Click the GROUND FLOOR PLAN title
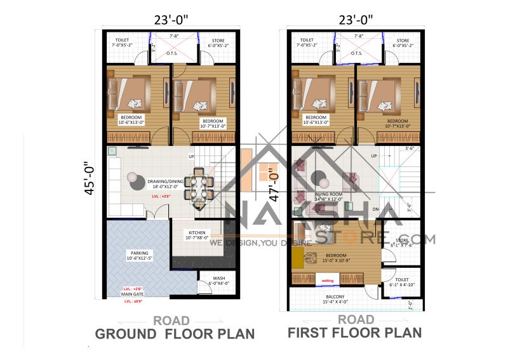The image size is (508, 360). pyautogui.click(x=175, y=334)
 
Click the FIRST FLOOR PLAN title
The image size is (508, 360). pyautogui.click(x=354, y=332)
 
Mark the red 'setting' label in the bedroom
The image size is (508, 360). pyautogui.click(x=328, y=280)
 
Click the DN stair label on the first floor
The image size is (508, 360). pyautogui.click(x=376, y=208)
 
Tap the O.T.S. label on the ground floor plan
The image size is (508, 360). pyautogui.click(x=171, y=54)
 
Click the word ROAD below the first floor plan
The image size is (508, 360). pyautogui.click(x=356, y=319)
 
